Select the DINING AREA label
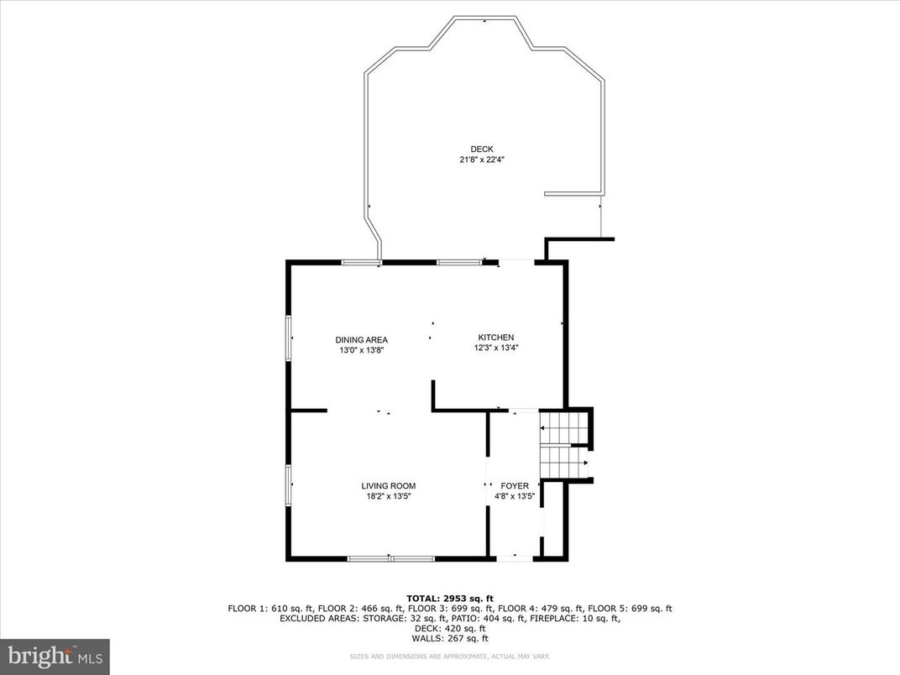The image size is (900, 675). tap(362, 339)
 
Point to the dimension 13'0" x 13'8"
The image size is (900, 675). tap(362, 350)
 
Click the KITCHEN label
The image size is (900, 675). tap(495, 337)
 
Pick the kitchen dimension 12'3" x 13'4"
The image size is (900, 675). tap(495, 348)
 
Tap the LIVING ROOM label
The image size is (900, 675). tap(389, 486)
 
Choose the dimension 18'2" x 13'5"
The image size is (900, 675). tap(389, 496)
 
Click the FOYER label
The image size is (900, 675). tap(515, 486)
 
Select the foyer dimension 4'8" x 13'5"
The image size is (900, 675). tap(515, 496)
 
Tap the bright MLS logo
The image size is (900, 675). tap(55, 656)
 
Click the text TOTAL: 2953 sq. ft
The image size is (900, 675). tap(450, 597)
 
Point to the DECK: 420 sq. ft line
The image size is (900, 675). tap(450, 628)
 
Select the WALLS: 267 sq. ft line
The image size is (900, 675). tap(450, 638)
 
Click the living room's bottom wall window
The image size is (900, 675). tap(390, 557)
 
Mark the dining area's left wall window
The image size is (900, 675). tap(290, 338)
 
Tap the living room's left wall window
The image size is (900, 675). tap(290, 486)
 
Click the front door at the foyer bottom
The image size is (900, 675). tap(514, 557)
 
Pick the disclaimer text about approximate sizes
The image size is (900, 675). tap(450, 656)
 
